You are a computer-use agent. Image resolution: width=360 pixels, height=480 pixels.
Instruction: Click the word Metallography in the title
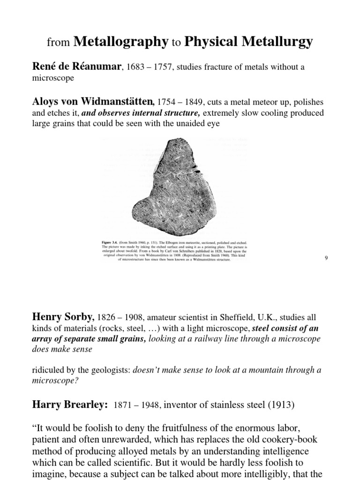click(120, 42)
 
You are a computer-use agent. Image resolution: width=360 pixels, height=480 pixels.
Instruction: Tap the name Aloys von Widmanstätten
click(93, 102)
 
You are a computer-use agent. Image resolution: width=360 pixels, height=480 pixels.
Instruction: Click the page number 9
click(325, 258)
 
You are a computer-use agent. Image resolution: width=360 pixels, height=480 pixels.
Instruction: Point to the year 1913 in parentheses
click(283, 405)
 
